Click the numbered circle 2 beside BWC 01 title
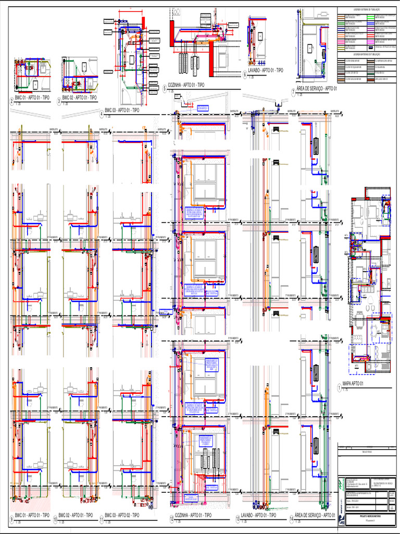[x=11, y=99]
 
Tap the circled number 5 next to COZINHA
[x=164, y=89]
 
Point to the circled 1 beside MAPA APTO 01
[x=339, y=387]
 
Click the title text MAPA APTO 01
[x=353, y=385]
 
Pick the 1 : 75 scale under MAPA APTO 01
[x=345, y=391]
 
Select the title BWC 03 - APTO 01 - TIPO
[x=122, y=111]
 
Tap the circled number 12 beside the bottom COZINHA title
[x=171, y=519]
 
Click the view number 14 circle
[x=292, y=519]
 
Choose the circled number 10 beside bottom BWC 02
[x=55, y=519]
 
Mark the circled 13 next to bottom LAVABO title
[x=238, y=519]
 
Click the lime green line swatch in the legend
[x=371, y=18]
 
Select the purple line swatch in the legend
[x=371, y=29]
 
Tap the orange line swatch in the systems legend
[x=341, y=36]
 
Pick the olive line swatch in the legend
[x=341, y=48]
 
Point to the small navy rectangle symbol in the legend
[x=371, y=47]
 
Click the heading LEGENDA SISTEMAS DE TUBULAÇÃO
[x=367, y=9]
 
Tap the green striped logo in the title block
[x=340, y=517]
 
